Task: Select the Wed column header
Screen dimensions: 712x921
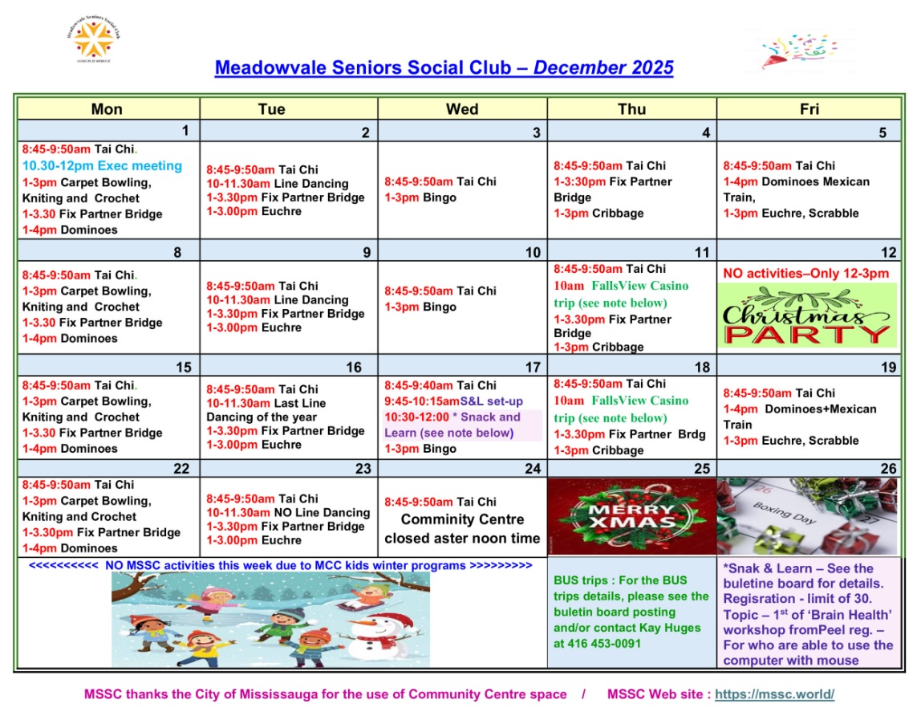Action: tap(462, 109)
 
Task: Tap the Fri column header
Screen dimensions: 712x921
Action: tap(809, 109)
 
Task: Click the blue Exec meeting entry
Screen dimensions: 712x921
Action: tap(103, 166)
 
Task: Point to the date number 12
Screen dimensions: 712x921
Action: tap(888, 253)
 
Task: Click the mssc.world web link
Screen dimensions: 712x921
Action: tap(774, 694)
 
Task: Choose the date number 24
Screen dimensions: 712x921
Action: tap(533, 469)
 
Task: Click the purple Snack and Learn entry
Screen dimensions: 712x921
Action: tap(461, 425)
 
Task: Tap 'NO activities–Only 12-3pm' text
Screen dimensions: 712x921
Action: tap(806, 274)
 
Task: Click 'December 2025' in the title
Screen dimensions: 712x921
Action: tap(603, 68)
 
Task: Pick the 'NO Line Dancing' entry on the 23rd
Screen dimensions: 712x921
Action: tap(322, 512)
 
